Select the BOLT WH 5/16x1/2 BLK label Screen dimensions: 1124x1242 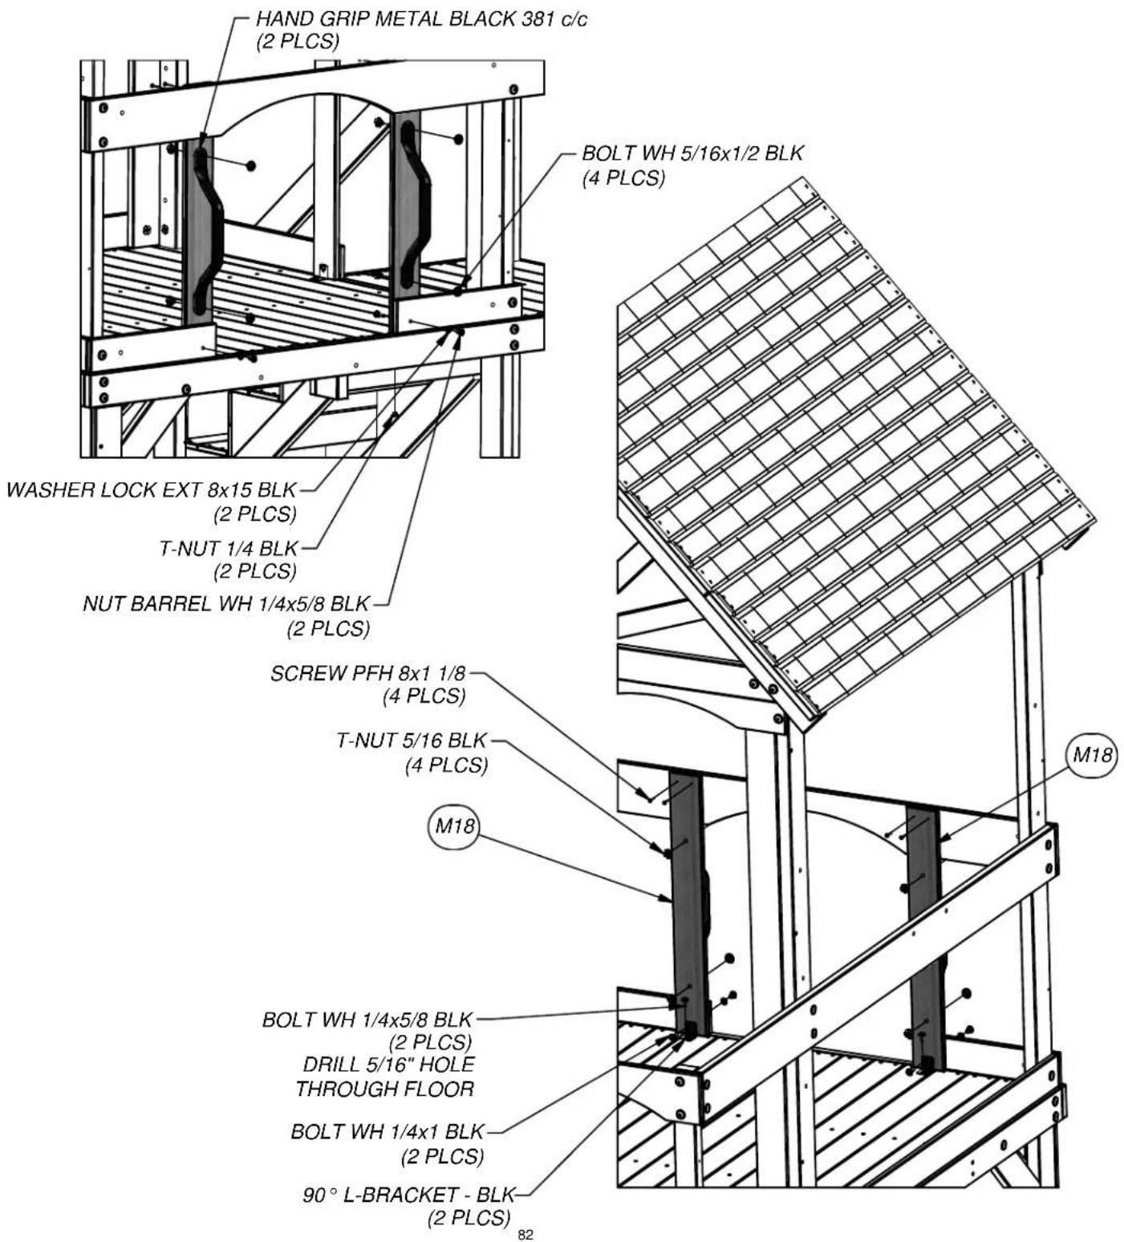point(692,152)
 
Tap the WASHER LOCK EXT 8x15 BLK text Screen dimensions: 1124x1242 point(152,489)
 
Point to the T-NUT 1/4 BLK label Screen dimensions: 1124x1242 point(229,548)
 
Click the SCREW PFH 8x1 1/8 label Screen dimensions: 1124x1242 point(368,672)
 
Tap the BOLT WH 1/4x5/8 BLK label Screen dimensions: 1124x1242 point(367,1019)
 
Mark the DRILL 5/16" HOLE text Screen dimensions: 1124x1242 point(389,1064)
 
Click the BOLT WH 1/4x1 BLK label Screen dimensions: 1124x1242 point(388,1131)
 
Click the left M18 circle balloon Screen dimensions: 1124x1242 point(452,826)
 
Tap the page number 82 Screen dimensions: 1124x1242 point(525,1235)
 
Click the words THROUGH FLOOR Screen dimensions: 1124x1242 point(385,1088)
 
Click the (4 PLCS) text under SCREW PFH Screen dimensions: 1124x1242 point(424,696)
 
